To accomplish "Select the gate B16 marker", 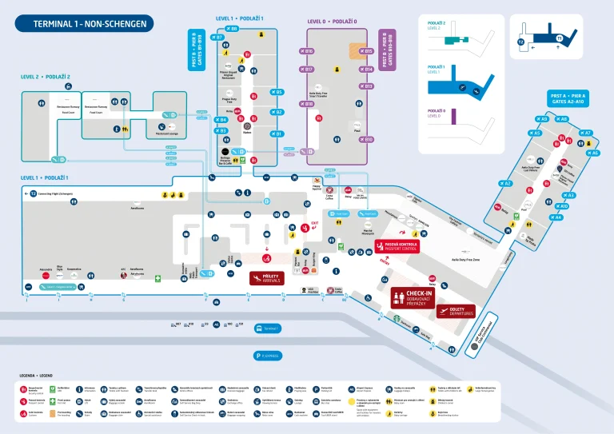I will coord(309,51).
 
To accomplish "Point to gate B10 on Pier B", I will coord(367,139).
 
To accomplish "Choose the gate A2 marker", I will coord(505,183).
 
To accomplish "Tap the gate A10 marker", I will coord(563,205).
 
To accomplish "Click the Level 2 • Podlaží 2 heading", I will coord(46,77).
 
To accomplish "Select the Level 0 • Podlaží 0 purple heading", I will coord(333,22).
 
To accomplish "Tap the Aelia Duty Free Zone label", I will coord(465,260).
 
